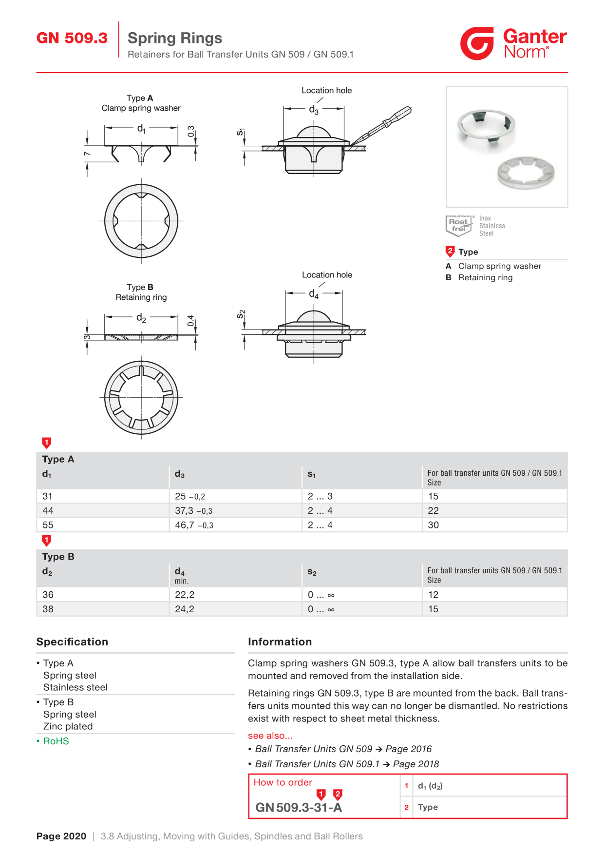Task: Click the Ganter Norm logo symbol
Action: (x=477, y=43)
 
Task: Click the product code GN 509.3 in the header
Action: (x=72, y=38)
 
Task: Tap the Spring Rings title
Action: (x=175, y=38)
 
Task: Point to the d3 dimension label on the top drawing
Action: (x=314, y=110)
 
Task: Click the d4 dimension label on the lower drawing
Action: (x=314, y=294)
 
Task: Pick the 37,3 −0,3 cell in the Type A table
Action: (x=193, y=510)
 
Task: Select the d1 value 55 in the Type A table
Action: (x=48, y=525)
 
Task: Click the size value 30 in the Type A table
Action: (x=433, y=525)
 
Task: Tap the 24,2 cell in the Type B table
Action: (x=185, y=609)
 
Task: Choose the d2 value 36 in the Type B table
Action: (x=48, y=595)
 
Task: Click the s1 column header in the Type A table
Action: (x=312, y=474)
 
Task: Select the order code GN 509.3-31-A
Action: (x=299, y=808)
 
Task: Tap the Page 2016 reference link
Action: (x=408, y=749)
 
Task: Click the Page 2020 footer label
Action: (x=61, y=836)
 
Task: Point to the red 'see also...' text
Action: (x=270, y=736)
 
